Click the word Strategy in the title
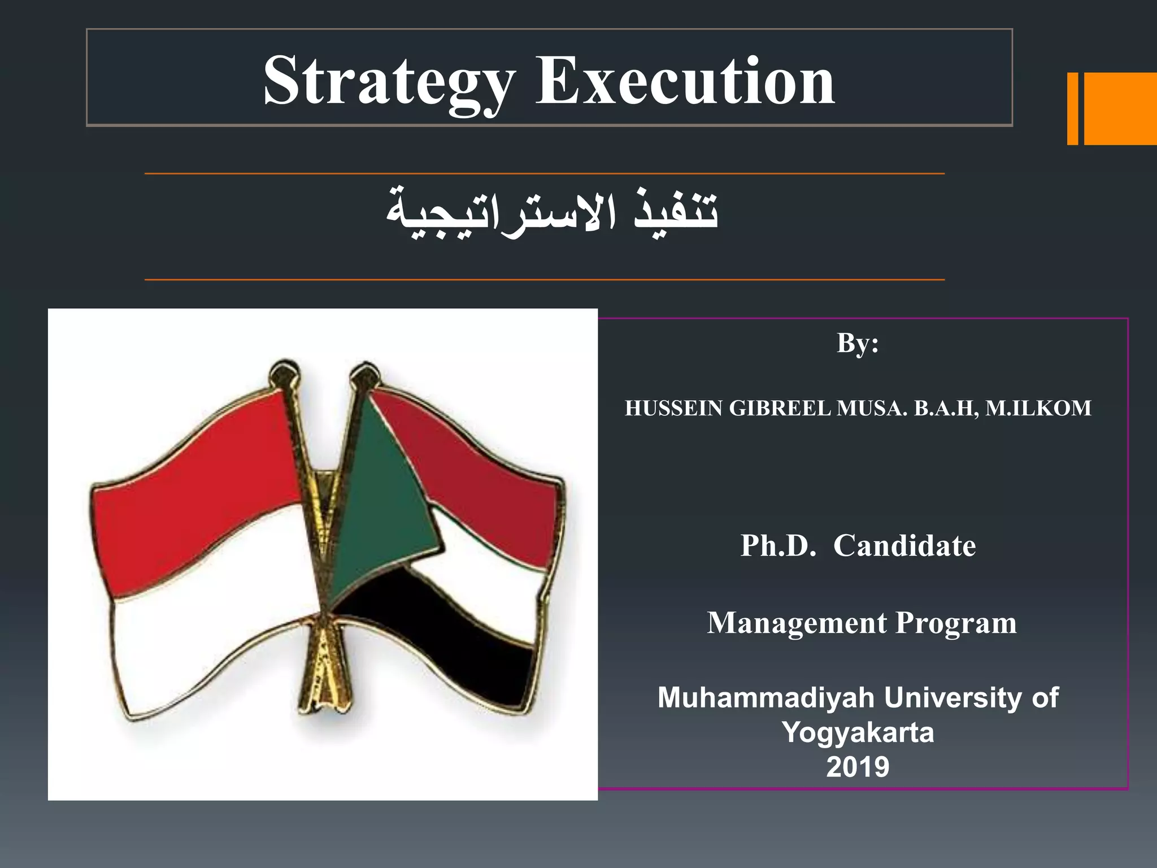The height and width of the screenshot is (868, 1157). (389, 82)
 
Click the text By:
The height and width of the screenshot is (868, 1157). (857, 343)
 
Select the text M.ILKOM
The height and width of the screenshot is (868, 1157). (1038, 409)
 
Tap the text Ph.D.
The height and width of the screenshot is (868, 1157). (778, 546)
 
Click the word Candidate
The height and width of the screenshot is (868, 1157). (904, 546)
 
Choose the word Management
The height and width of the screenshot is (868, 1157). (797, 623)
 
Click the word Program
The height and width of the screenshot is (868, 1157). (956, 623)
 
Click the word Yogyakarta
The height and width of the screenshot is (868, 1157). (858, 733)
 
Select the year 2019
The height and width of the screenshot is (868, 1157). (858, 767)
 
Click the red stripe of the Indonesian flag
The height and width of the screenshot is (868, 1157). (198, 463)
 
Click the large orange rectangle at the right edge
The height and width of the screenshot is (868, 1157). (1121, 109)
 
